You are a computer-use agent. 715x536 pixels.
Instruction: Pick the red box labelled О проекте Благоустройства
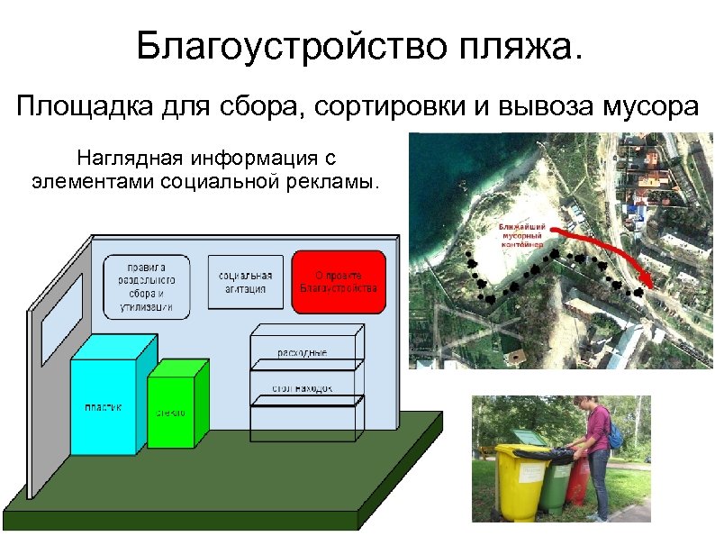pos(339,282)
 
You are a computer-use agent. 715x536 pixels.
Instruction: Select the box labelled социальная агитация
pos(240,282)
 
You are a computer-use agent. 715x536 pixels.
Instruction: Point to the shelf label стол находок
pos(303,389)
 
